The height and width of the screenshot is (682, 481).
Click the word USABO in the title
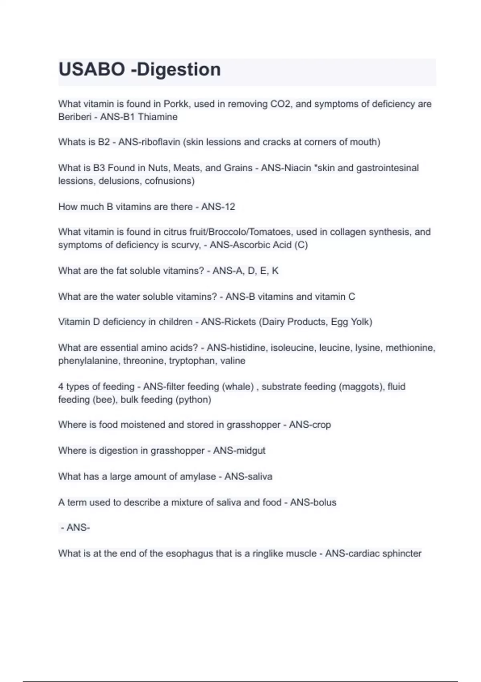91,69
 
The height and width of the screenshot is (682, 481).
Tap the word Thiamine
158,117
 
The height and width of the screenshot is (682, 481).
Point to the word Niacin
297,168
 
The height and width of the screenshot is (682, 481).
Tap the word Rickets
240,322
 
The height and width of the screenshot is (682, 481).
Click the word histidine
246,347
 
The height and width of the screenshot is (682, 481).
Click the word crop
321,424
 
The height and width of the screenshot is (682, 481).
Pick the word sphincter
402,554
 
